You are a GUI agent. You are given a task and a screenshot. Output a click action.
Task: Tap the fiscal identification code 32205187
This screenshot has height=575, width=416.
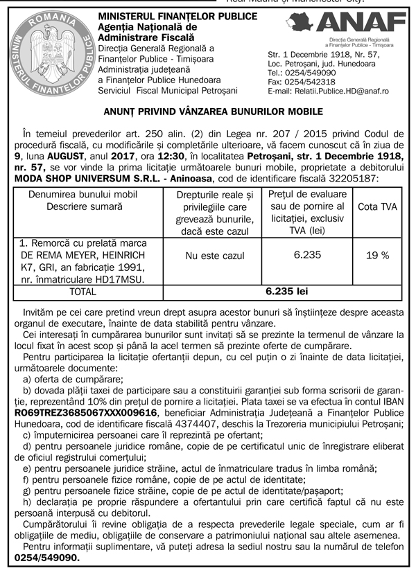pos(350,178)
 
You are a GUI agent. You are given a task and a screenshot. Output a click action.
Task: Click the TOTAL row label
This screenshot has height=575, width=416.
pos(83,292)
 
